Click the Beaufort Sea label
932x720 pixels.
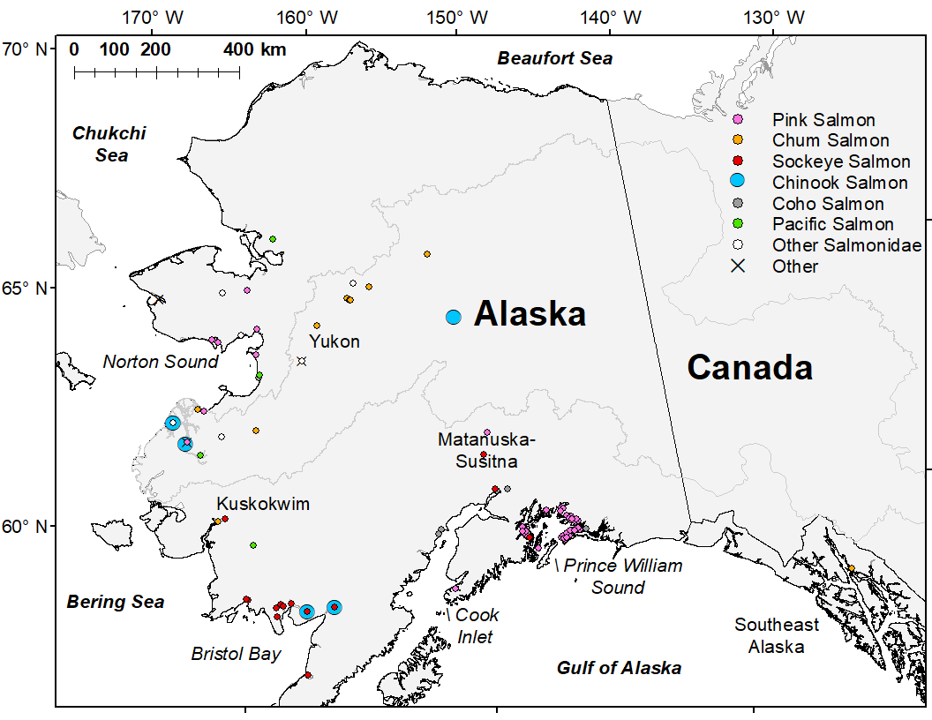(x=554, y=59)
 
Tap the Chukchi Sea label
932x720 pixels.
(x=109, y=144)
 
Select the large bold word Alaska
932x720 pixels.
(x=530, y=314)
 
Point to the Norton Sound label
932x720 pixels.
(x=160, y=362)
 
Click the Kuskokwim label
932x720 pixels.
(x=263, y=504)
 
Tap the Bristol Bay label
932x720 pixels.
(x=236, y=654)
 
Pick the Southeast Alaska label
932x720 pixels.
(x=777, y=635)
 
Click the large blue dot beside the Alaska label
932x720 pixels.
(x=454, y=317)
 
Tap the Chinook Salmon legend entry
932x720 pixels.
(x=839, y=183)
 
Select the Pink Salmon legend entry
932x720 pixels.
(x=823, y=120)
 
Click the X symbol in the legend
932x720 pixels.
(x=739, y=266)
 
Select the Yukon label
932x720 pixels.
(x=334, y=341)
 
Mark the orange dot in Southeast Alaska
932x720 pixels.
(x=851, y=568)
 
